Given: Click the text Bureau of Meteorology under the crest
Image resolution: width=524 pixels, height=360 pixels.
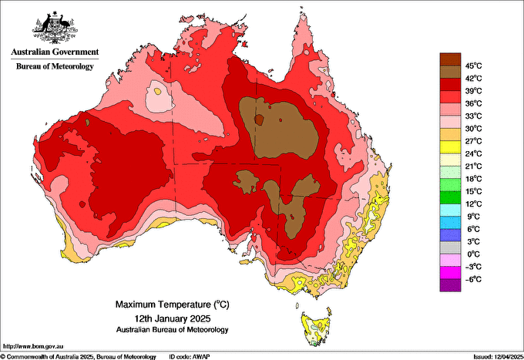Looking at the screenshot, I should pyautogui.click(x=54, y=66).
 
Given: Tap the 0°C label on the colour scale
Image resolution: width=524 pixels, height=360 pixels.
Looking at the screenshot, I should pyautogui.click(x=472, y=254).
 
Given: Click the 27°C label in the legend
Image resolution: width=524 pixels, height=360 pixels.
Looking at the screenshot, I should pyautogui.click(x=472, y=140).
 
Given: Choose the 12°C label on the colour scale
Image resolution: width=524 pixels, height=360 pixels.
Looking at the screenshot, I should pyautogui.click(x=472, y=204).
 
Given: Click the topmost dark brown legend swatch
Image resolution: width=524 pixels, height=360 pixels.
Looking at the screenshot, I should pyautogui.click(x=449, y=59).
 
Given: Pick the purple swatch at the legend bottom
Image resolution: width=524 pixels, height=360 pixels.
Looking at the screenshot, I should pyautogui.click(x=449, y=285).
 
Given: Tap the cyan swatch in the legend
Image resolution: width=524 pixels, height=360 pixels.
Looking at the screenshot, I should pyautogui.click(x=449, y=210).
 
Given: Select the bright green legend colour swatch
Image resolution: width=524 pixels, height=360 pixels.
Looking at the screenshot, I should pyautogui.click(x=449, y=185).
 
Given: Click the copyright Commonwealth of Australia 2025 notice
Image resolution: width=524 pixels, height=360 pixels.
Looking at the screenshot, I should pyautogui.click(x=77, y=355).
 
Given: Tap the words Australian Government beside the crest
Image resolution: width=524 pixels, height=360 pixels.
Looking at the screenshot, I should pyautogui.click(x=54, y=52).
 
